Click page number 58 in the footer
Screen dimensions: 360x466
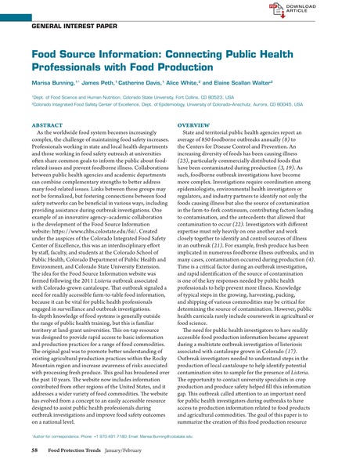click(x=34, y=451)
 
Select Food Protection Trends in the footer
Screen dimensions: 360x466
click(x=81, y=451)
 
